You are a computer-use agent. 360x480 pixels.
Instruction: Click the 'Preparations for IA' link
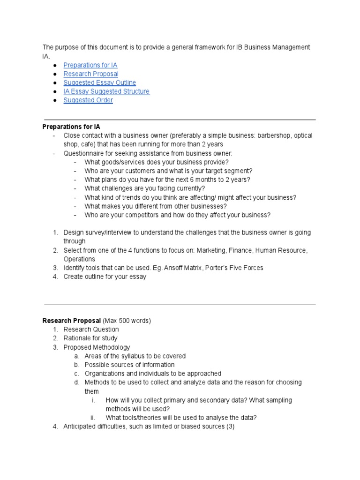click(x=90, y=65)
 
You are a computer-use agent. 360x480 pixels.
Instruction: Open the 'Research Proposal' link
click(x=90, y=74)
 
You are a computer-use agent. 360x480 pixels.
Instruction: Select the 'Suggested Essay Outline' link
click(x=99, y=82)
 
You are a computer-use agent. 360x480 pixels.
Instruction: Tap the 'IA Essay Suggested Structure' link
click(x=106, y=91)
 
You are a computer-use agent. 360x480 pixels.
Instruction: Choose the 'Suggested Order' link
click(x=88, y=100)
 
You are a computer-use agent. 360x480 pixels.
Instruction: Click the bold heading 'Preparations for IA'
click(x=71, y=127)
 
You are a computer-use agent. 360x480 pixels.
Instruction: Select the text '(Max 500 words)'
click(x=127, y=321)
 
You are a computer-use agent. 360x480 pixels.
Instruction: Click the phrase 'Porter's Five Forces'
click(x=234, y=268)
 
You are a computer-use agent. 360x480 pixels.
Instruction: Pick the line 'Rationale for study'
click(x=90, y=338)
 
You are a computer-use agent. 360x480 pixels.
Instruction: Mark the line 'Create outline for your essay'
click(x=105, y=277)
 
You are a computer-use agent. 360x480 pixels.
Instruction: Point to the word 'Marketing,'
click(x=211, y=250)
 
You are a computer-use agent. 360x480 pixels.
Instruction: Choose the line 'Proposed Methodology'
click(x=97, y=347)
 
